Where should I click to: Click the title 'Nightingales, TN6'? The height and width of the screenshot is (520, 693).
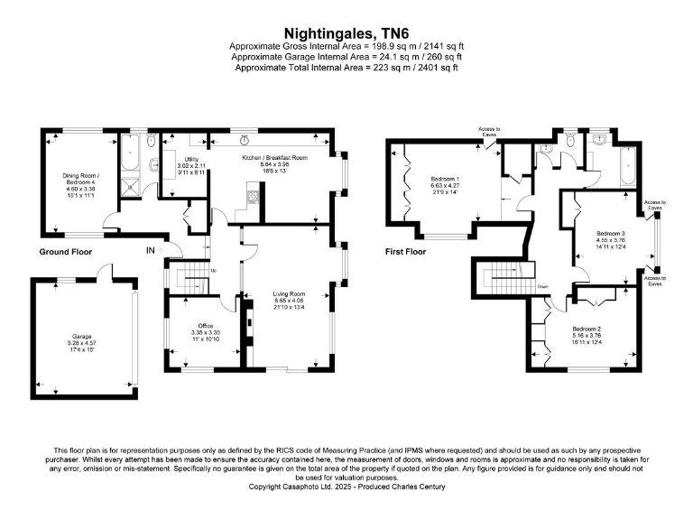(346, 31)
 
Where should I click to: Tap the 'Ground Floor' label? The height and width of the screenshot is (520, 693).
(67, 252)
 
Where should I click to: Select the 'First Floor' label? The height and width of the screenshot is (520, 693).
(404, 252)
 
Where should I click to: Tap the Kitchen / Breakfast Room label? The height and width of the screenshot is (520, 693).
(274, 158)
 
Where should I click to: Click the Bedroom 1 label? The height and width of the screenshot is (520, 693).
(445, 180)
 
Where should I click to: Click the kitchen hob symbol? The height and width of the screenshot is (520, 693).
(253, 197)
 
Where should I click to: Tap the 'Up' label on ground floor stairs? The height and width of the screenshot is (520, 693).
(213, 271)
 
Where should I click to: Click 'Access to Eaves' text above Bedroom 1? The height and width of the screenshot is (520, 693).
(490, 133)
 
